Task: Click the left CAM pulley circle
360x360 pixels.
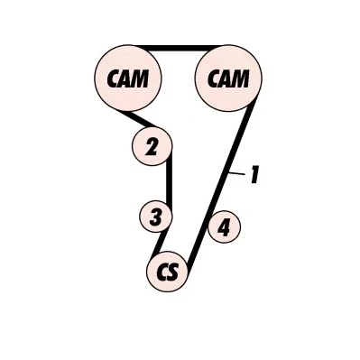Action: tap(128, 78)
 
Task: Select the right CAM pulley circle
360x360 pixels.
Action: tap(228, 78)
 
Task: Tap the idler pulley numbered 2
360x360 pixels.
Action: tap(152, 146)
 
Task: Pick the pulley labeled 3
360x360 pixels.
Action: tap(155, 217)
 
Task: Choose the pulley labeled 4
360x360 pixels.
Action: tap(225, 226)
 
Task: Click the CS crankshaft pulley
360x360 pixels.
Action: tap(167, 272)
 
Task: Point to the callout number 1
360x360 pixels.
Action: tap(254, 174)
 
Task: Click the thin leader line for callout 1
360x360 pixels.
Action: tap(236, 173)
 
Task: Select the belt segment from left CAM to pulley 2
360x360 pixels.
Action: tap(138, 118)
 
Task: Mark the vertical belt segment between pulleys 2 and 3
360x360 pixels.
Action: tap(170, 181)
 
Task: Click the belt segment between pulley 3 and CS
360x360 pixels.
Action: tap(160, 242)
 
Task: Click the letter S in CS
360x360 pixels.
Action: tap(173, 272)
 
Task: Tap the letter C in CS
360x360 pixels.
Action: tap(162, 272)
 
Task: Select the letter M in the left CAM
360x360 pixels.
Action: tap(139, 78)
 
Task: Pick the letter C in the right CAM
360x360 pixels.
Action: tap(214, 78)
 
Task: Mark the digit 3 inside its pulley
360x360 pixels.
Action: tap(155, 217)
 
